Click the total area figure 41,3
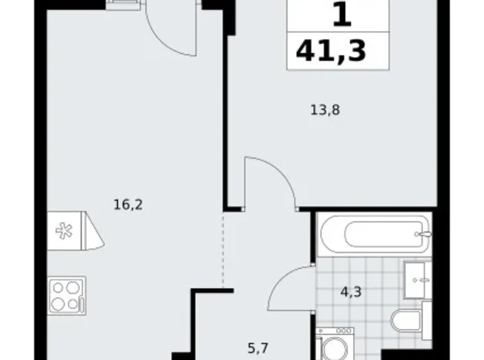(331, 51)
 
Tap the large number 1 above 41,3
(341, 15)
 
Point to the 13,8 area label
(325, 111)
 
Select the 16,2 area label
(128, 204)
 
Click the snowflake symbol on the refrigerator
(63, 231)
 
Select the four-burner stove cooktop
(66, 295)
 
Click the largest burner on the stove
(60, 302)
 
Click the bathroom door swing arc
(285, 286)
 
